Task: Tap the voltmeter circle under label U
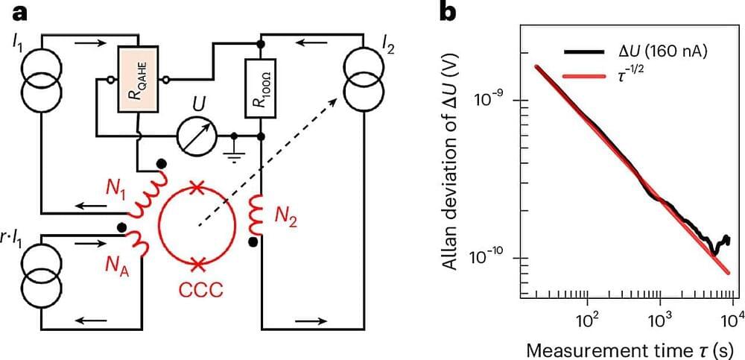coord(197,136)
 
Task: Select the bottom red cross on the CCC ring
coord(198,263)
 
